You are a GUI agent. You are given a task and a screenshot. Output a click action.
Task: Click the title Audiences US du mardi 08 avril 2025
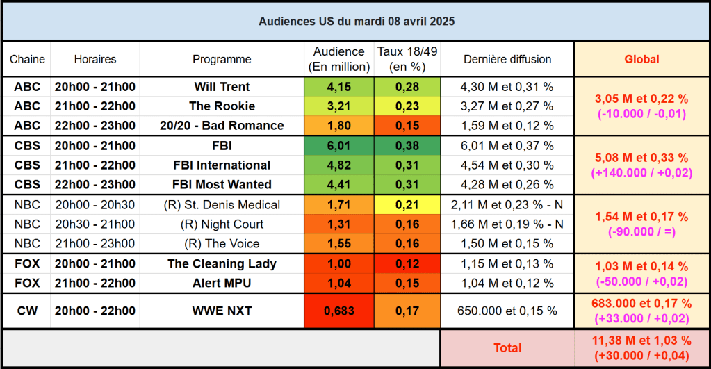[357, 22]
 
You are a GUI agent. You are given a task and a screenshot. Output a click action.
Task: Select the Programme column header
[222, 60]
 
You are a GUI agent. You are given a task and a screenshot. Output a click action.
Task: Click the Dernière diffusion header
[507, 60]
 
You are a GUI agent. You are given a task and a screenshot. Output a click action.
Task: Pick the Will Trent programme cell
[222, 87]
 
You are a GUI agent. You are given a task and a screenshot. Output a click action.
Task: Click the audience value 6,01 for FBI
[338, 146]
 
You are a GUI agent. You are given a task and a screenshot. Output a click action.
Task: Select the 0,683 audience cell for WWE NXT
[338, 311]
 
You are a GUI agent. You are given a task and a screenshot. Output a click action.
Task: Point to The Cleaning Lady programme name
[222, 264]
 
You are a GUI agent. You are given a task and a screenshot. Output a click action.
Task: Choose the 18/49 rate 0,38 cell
[407, 146]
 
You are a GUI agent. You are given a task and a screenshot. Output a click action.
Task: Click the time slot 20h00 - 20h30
[95, 205]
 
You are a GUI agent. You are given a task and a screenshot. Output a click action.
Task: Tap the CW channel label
[27, 311]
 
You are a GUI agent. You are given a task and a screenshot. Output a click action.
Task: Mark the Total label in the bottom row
[507, 347]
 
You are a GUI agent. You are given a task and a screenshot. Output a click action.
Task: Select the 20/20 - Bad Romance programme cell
[222, 126]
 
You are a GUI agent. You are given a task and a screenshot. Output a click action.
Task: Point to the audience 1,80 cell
[338, 126]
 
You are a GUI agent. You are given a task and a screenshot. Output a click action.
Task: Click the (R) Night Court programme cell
[222, 224]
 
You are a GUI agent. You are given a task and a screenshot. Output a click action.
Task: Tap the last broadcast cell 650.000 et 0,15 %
[507, 311]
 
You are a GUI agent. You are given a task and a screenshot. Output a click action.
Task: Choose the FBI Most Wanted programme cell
[222, 185]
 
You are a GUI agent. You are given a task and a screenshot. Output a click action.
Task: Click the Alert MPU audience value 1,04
[338, 284]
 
